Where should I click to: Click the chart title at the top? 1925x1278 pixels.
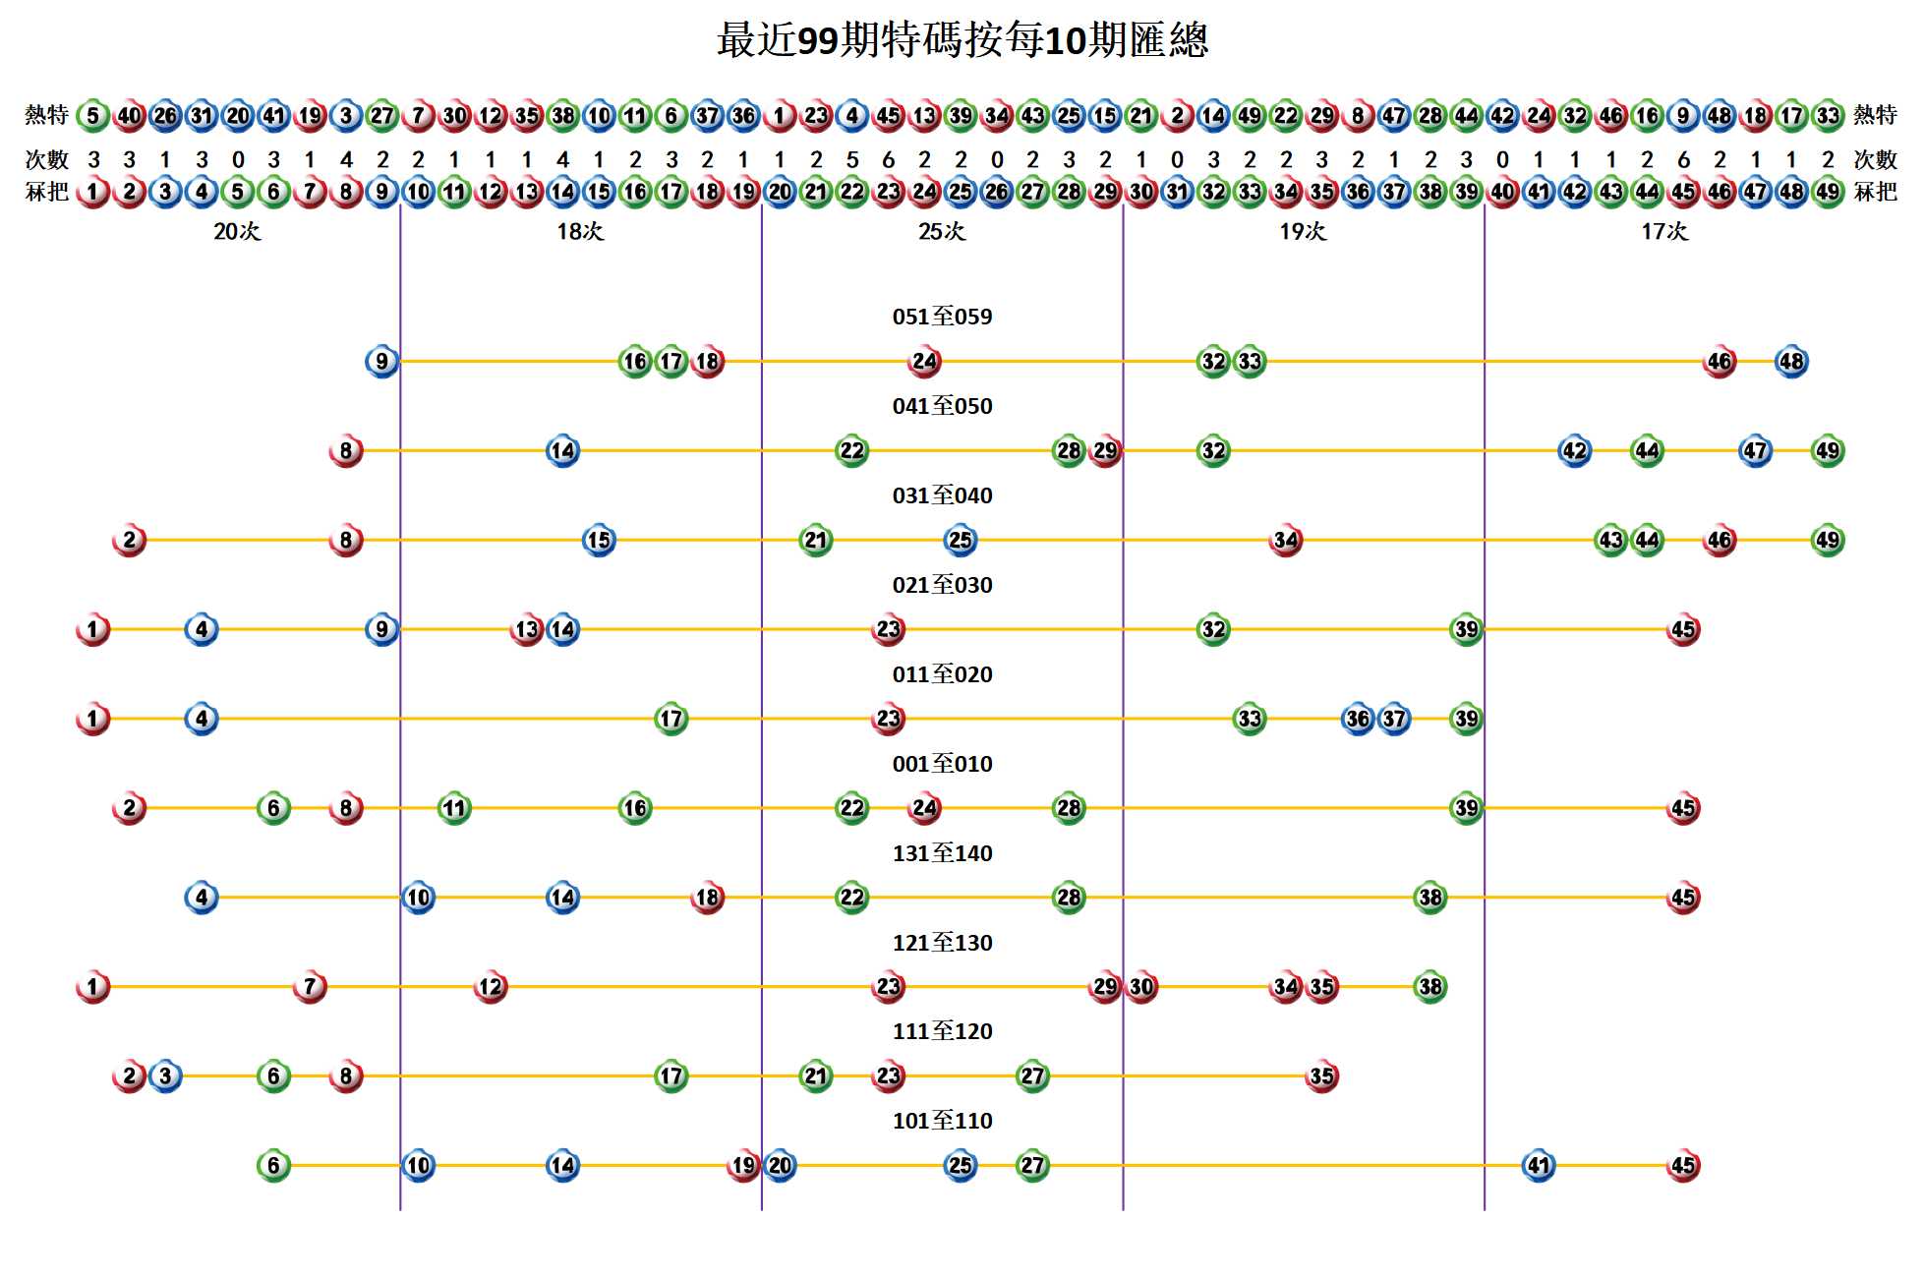pyautogui.click(x=962, y=41)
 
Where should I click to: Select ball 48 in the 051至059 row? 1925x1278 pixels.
pyautogui.click(x=1790, y=362)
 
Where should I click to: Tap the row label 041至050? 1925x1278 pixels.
pyautogui.click(x=942, y=406)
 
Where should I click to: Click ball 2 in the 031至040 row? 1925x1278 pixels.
pyautogui.click(x=129, y=540)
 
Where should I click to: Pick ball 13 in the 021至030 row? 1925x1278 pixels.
pyautogui.click(x=527, y=629)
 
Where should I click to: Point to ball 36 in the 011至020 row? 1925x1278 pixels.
pyautogui.click(x=1357, y=719)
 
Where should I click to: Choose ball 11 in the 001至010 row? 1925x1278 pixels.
pyautogui.click(x=454, y=808)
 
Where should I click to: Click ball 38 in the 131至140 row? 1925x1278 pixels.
pyautogui.click(x=1429, y=898)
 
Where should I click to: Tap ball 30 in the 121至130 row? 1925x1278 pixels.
pyautogui.click(x=1140, y=986)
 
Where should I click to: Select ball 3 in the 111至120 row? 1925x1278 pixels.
pyautogui.click(x=165, y=1075)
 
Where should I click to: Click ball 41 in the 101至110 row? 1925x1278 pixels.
pyautogui.click(x=1538, y=1165)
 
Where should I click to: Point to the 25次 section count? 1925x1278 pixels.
pyautogui.click(x=942, y=232)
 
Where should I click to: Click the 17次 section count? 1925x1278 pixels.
pyautogui.click(x=1663, y=232)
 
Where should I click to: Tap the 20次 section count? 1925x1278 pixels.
pyautogui.click(x=237, y=232)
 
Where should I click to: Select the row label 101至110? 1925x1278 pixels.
pyautogui.click(x=942, y=1121)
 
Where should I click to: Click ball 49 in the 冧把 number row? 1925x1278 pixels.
pyautogui.click(x=1827, y=192)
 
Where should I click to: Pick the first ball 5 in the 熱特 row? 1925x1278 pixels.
pyautogui.click(x=92, y=116)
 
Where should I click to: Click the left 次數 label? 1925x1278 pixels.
pyautogui.click(x=46, y=159)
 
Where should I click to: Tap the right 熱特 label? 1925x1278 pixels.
pyautogui.click(x=1874, y=115)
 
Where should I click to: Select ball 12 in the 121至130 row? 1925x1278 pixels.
pyautogui.click(x=490, y=986)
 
